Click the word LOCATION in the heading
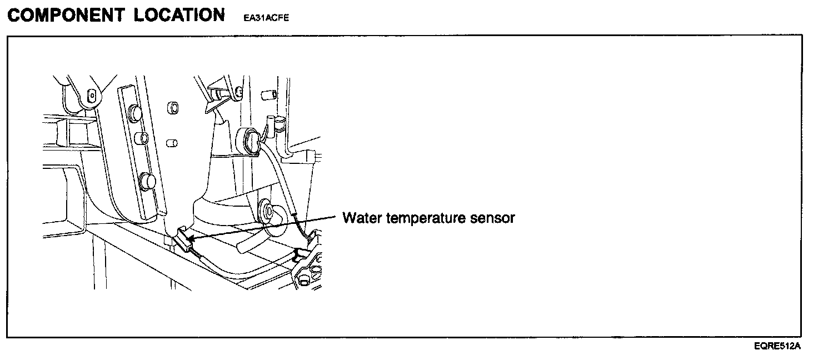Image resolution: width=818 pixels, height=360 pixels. tap(179, 15)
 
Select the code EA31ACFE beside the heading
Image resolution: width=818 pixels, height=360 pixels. tap(266, 18)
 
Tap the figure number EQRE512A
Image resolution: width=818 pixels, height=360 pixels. tap(777, 346)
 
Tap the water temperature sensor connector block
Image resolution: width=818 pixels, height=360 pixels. tap(184, 241)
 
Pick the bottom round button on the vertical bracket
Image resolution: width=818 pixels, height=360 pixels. tap(148, 181)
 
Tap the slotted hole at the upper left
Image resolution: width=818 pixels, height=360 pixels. tap(91, 97)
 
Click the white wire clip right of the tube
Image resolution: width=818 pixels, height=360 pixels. tap(302, 254)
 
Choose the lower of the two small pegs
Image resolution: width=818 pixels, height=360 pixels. tap(172, 143)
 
